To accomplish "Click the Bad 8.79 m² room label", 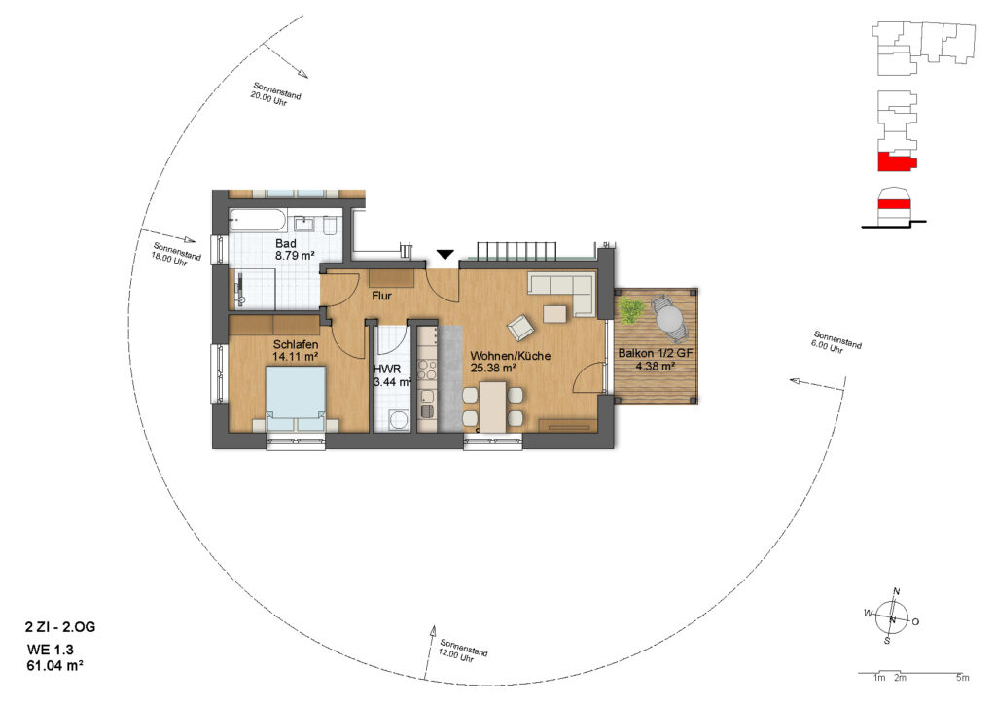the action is tap(295, 250).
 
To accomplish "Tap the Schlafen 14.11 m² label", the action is tap(296, 350).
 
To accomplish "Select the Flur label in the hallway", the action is tap(381, 296).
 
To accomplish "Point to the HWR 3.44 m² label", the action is tap(392, 375).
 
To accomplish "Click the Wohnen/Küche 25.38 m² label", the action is tap(510, 361).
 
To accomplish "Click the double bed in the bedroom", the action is tap(296, 399).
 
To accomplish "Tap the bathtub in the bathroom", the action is tap(257, 220).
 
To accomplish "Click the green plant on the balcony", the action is tap(630, 310).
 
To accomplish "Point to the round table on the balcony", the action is tap(669, 317).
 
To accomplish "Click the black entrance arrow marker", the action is tap(445, 255).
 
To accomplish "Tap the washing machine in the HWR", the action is tap(398, 420).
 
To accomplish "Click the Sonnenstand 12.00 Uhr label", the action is tap(461, 651).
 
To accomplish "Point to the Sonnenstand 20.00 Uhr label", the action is tap(274, 94).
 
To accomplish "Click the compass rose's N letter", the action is tap(896, 591).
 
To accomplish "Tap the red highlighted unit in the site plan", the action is tap(896, 161).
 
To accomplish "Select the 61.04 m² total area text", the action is tap(54, 665).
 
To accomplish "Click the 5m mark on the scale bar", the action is tap(962, 678).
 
